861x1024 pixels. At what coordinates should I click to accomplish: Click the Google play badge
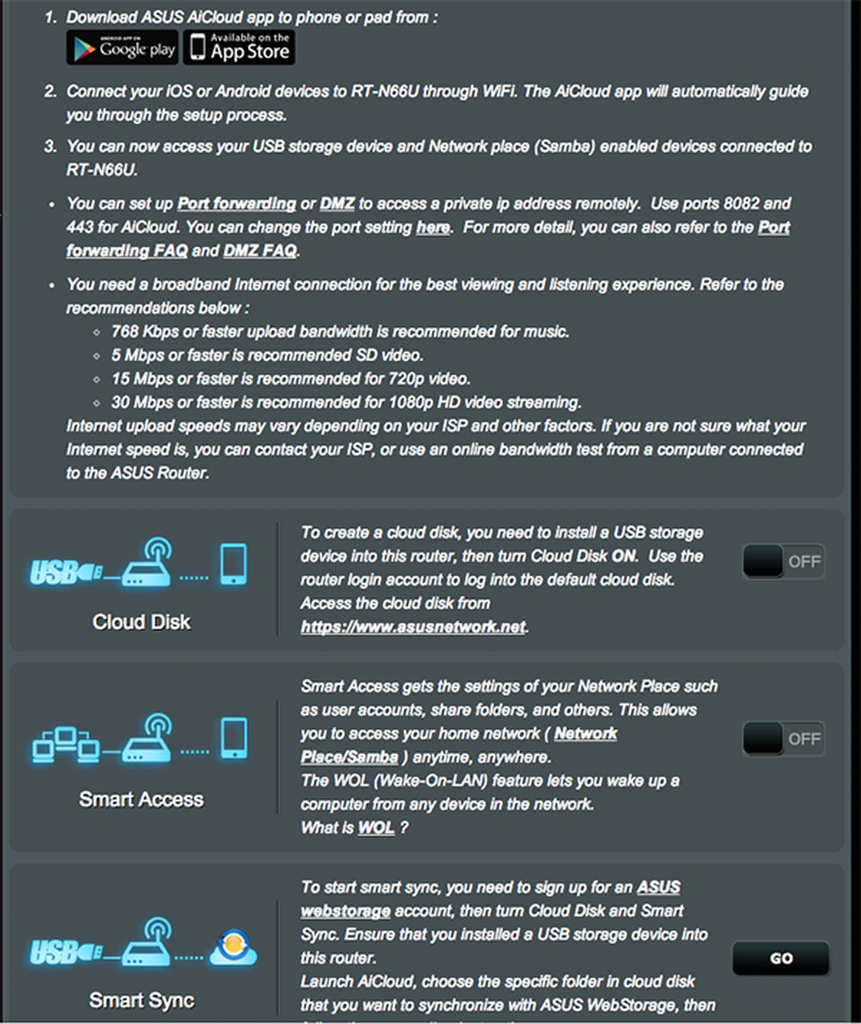tap(122, 48)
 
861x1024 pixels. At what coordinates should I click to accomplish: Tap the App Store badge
tap(239, 48)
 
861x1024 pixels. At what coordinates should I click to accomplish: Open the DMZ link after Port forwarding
tap(337, 203)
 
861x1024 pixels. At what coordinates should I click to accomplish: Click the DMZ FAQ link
tap(260, 250)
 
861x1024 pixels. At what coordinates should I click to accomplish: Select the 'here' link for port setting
tap(432, 227)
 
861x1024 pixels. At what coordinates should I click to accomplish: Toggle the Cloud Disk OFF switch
tap(783, 561)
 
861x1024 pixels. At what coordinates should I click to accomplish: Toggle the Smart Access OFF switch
tap(783, 738)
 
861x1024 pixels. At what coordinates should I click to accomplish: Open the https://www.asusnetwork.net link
tap(413, 626)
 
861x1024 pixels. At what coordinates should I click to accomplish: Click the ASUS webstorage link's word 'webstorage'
tap(345, 911)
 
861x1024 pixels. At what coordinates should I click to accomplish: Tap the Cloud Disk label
tap(142, 621)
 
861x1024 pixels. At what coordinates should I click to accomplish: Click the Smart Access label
tap(142, 799)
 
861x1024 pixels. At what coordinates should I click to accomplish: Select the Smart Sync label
tap(142, 1000)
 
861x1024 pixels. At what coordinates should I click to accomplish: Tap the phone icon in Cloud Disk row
tap(233, 564)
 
